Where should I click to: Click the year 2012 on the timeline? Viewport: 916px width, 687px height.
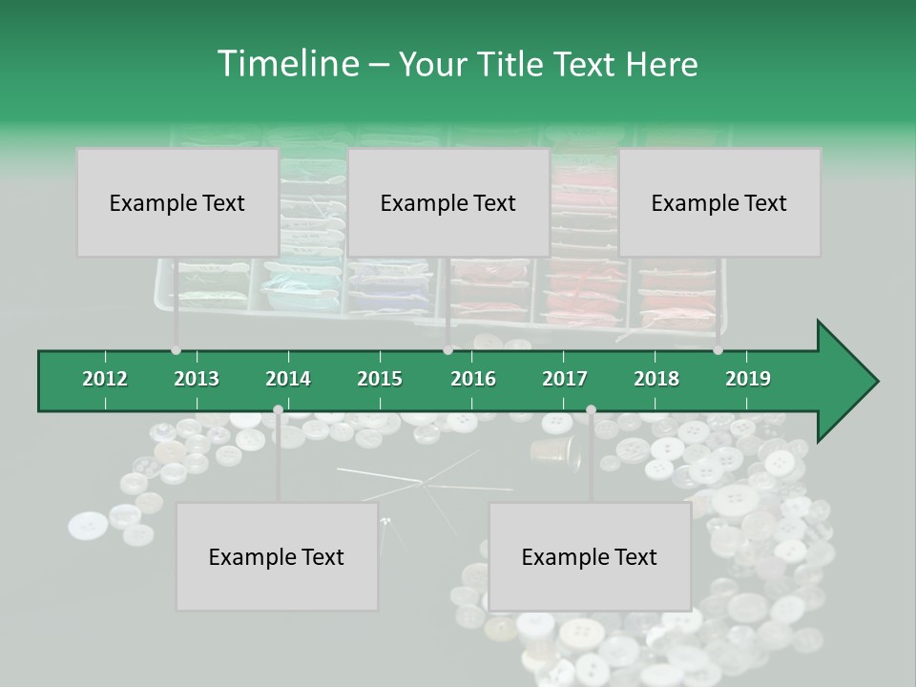click(x=105, y=379)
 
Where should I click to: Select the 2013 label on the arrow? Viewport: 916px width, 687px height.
click(x=197, y=379)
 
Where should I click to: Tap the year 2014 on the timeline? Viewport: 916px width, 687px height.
click(x=288, y=379)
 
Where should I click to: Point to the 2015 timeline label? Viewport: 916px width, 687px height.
click(x=380, y=379)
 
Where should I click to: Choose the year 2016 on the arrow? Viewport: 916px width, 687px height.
click(x=473, y=379)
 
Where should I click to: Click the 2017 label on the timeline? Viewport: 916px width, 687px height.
click(x=565, y=379)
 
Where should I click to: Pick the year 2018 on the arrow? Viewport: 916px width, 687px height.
click(x=656, y=379)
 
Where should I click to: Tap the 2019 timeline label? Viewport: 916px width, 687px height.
click(x=748, y=379)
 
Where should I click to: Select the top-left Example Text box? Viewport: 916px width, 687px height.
click(x=177, y=202)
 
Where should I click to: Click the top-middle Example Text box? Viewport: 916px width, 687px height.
click(x=448, y=202)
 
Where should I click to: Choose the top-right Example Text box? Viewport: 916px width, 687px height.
click(x=718, y=202)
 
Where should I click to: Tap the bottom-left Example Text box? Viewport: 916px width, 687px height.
click(x=276, y=556)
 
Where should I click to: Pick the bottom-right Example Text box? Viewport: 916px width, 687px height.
click(x=589, y=556)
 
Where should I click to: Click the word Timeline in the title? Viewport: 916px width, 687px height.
click(x=286, y=64)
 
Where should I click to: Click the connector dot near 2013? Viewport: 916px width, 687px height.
click(x=176, y=350)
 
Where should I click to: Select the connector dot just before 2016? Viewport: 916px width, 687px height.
click(x=448, y=350)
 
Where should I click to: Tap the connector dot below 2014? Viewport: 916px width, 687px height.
click(x=278, y=410)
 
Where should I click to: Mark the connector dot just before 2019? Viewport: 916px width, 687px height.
click(x=718, y=350)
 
